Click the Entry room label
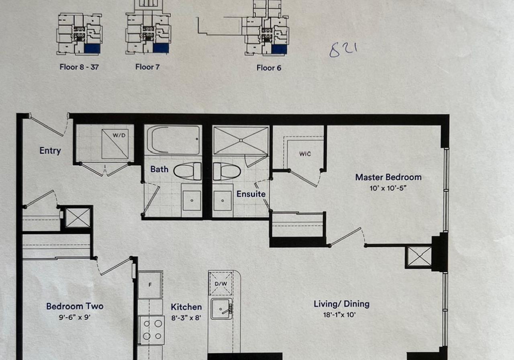(x=50, y=151)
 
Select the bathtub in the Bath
(x=173, y=140)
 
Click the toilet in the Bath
(x=187, y=171)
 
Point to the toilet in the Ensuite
(x=227, y=171)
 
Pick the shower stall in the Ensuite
(x=241, y=140)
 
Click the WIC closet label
(x=305, y=154)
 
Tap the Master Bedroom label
(x=389, y=177)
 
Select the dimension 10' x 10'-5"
(x=388, y=188)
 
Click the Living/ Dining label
(x=342, y=304)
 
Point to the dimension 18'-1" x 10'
(x=339, y=315)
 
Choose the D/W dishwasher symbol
(x=221, y=284)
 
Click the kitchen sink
(x=222, y=309)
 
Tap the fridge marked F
(x=150, y=285)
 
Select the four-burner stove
(x=151, y=330)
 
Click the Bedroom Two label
(x=75, y=307)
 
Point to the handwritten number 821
(x=343, y=50)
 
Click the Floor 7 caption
(x=148, y=67)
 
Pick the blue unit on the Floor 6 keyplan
(x=279, y=49)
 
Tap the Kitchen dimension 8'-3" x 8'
(x=186, y=318)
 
